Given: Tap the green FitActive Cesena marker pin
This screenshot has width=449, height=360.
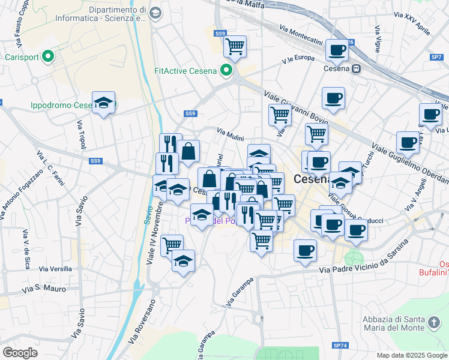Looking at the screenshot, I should (227, 71).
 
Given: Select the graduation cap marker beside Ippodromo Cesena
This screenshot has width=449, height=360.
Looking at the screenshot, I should (103, 103).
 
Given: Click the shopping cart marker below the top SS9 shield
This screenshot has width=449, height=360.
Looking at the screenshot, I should (235, 46).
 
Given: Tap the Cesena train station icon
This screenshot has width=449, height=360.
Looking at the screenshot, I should (357, 69).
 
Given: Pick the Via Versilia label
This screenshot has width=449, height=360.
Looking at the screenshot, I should (56, 269).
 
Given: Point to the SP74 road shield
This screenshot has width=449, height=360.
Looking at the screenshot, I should (340, 346).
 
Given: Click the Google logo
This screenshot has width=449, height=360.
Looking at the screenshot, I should (20, 353).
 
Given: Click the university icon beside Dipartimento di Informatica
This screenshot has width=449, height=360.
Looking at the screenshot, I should (155, 13).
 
